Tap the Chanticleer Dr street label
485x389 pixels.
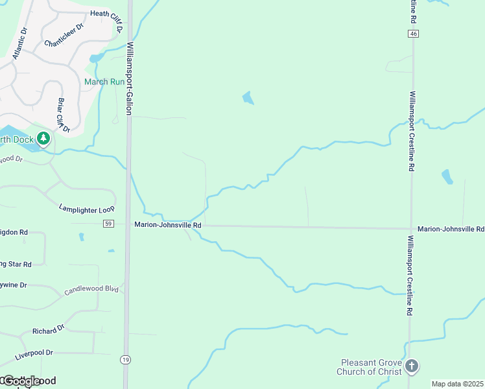[x=64, y=36]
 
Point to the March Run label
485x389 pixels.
[x=104, y=82]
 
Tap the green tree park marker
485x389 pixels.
[x=43, y=138]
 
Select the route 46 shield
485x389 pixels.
[x=412, y=33]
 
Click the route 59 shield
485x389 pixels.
[x=108, y=224]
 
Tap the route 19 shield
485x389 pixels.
[x=124, y=359]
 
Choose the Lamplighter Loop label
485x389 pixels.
[x=86, y=209]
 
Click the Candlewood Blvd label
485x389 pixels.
[x=91, y=289]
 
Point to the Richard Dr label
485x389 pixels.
[x=49, y=330]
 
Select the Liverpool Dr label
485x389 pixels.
[x=34, y=353]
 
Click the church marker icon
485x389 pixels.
[x=411, y=367]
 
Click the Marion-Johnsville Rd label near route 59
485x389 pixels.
[x=168, y=225]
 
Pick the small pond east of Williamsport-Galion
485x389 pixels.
[x=248, y=99]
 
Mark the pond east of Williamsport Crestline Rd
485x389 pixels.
[x=447, y=176]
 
